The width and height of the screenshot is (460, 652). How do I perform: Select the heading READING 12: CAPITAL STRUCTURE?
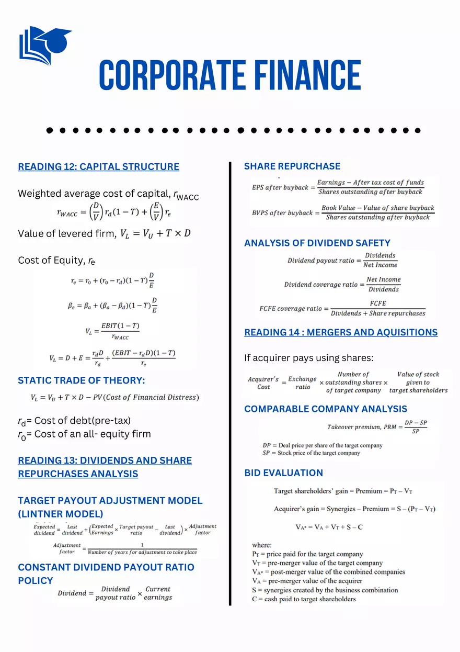click(98, 167)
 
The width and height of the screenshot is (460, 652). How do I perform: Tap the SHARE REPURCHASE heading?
click(292, 166)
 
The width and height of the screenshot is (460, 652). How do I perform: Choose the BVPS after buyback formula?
click(343, 212)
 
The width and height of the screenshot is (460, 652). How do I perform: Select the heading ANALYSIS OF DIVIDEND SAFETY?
click(317, 243)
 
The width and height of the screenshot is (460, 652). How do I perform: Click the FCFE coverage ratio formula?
click(342, 308)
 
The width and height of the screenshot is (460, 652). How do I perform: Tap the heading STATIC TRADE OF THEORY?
click(82, 380)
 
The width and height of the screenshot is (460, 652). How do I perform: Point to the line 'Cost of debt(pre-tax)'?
click(74, 421)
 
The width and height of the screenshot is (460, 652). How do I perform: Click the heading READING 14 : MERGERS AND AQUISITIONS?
click(341, 332)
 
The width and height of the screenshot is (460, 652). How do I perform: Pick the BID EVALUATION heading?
click(284, 473)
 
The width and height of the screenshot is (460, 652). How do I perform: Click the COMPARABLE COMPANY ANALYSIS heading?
click(326, 409)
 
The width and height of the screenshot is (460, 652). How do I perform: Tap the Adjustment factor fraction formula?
click(125, 548)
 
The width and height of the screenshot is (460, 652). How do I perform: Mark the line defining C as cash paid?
click(304, 599)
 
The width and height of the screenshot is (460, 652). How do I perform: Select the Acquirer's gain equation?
click(354, 509)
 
